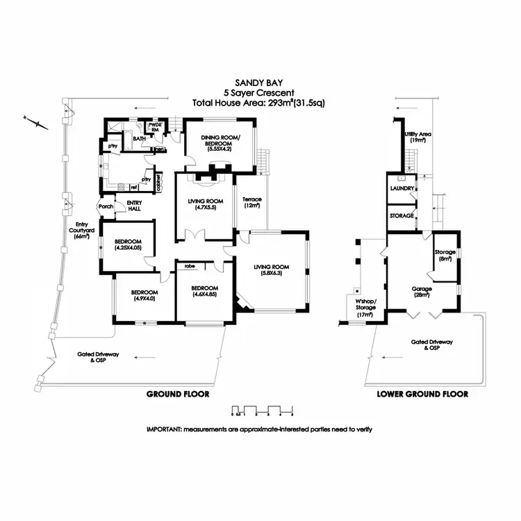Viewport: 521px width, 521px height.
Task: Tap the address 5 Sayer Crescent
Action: point(259,92)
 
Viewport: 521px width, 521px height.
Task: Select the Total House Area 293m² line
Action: point(259,103)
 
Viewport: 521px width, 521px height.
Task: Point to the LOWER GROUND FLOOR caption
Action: point(422,394)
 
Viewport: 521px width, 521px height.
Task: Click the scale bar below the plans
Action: point(262,409)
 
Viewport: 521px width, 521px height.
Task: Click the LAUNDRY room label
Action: point(402,188)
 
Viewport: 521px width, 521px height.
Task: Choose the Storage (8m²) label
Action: point(444,255)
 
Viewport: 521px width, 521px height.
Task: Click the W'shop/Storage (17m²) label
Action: point(365,308)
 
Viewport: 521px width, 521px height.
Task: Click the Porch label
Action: point(106,206)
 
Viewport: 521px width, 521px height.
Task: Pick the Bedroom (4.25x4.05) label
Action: point(129,245)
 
